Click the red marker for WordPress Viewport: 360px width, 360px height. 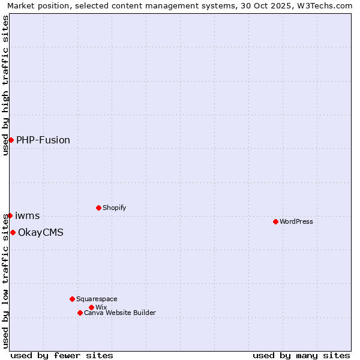pos(275,221)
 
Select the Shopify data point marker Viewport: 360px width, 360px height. pos(98,208)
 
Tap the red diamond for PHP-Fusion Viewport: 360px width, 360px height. pos(11,140)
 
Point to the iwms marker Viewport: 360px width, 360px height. pos(10,215)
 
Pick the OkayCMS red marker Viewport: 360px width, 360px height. pos(13,232)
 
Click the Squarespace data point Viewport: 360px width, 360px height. pos(72,299)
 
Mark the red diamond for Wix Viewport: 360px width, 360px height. pos(91,307)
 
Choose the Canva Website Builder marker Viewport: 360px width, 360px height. pos(80,313)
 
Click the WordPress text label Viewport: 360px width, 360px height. pos(296,221)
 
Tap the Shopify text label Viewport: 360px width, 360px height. pos(115,208)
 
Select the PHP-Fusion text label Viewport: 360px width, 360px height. pos(43,140)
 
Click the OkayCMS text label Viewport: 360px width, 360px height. pos(41,232)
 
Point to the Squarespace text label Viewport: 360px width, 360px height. pos(97,299)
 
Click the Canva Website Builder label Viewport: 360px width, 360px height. pos(120,313)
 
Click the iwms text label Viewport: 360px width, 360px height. pos(28,215)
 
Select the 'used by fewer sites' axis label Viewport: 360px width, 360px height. pos(62,355)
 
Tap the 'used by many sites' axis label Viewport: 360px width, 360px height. pos(301,355)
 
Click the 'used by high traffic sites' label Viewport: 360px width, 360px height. pos(5,85)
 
